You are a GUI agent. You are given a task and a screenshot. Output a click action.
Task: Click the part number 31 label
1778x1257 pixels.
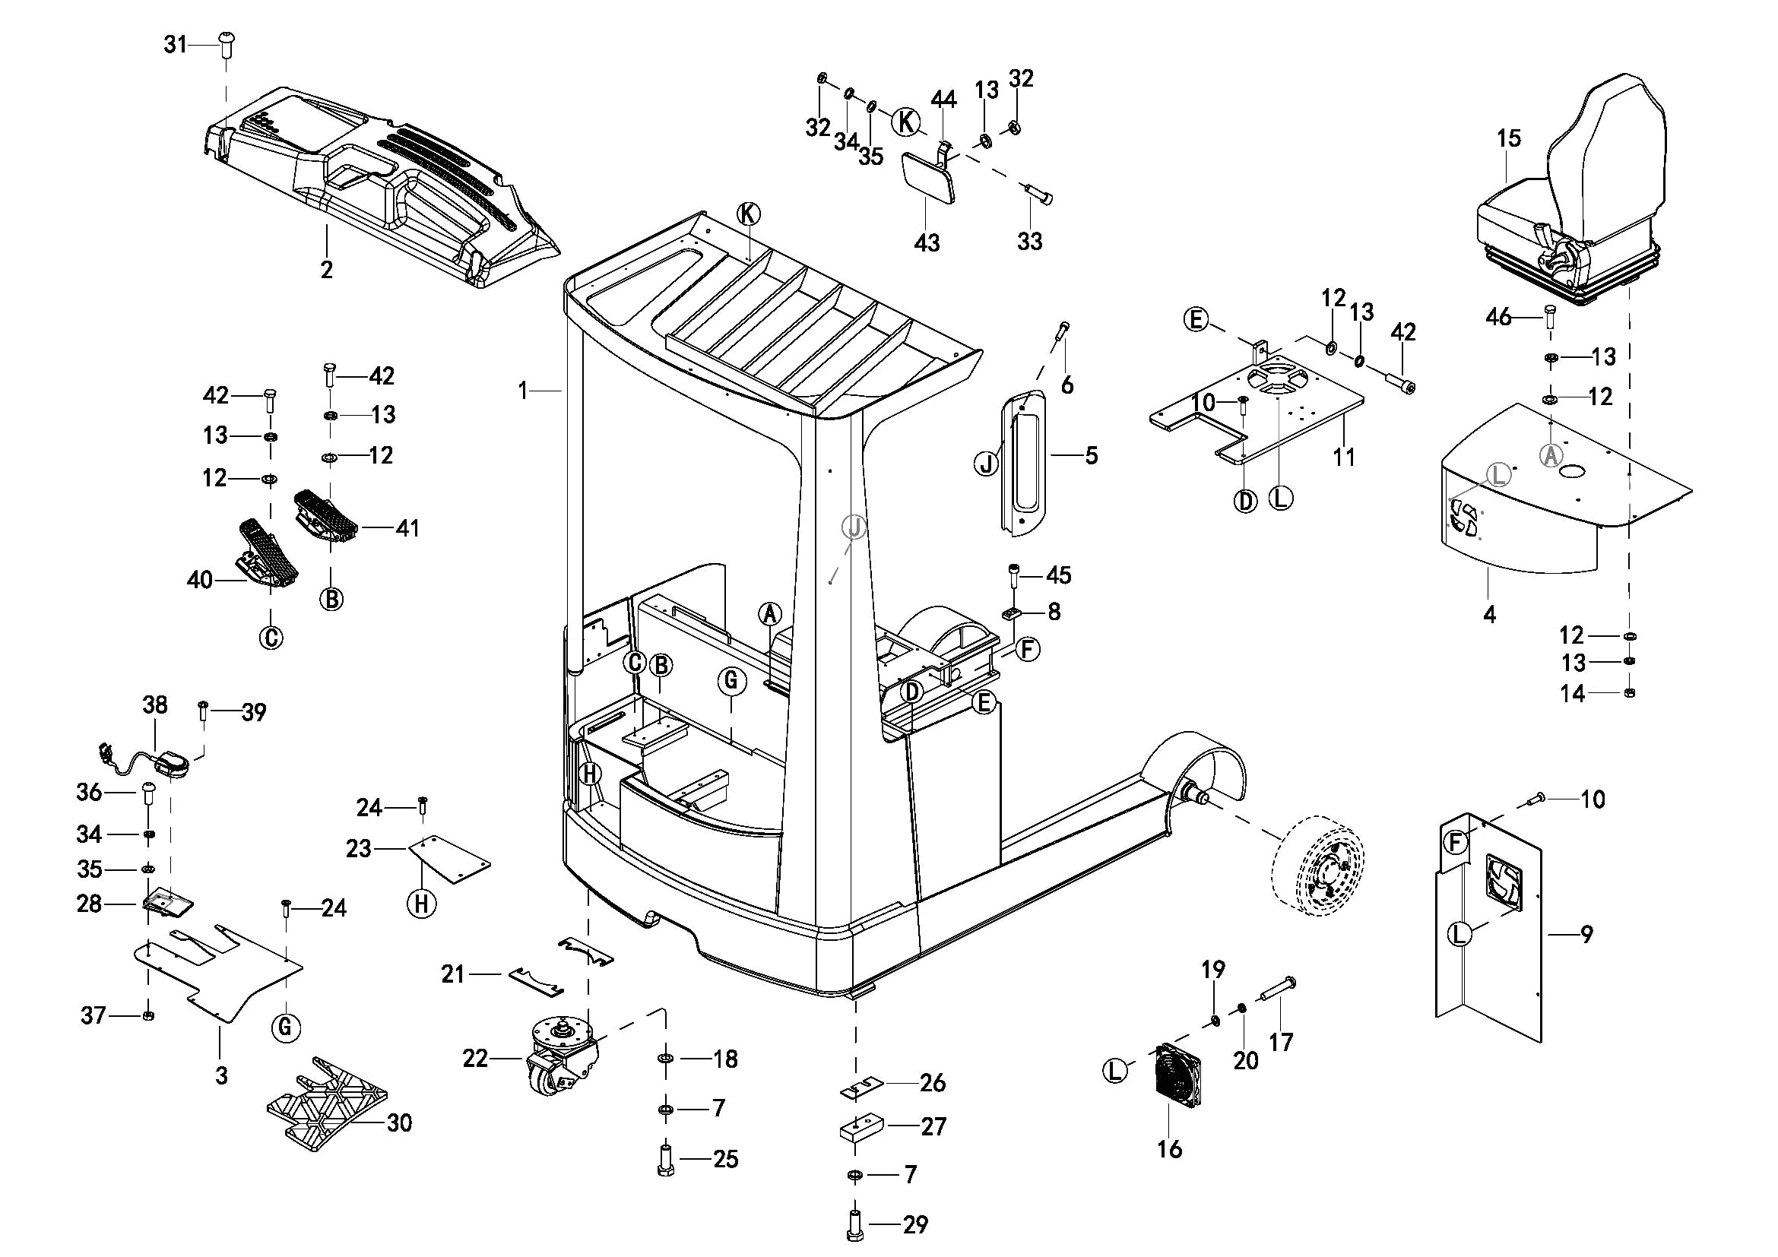[x=175, y=45]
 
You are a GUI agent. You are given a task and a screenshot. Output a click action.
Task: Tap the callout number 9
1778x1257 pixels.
[x=1586, y=934]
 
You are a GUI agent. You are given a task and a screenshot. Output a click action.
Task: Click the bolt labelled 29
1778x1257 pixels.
[x=855, y=1224]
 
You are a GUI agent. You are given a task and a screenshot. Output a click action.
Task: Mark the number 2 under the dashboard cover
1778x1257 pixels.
[x=327, y=269]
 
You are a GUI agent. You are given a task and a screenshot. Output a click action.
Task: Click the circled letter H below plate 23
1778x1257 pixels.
[x=422, y=904]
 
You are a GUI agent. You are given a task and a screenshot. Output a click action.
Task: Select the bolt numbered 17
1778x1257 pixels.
[x=1278, y=990]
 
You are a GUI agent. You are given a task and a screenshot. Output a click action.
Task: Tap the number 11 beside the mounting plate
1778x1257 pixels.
[x=1343, y=457]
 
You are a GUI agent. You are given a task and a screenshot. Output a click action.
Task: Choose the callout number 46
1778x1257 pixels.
[x=1498, y=317]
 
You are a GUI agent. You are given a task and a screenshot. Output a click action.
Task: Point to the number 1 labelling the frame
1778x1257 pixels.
[x=524, y=391]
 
